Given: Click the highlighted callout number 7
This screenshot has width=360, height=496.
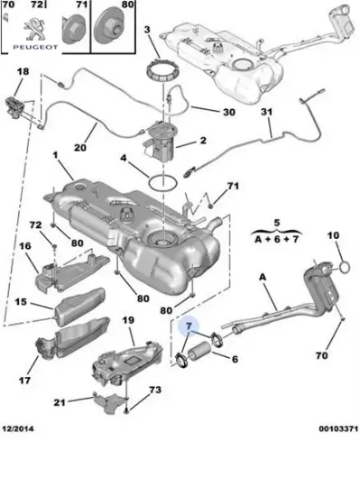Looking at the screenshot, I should pos(189,327).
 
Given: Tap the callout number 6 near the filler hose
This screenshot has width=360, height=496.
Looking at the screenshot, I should pos(235,359).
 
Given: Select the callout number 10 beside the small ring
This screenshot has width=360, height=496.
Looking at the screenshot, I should pos(333,236).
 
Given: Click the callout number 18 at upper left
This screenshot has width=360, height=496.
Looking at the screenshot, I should pos(23,70).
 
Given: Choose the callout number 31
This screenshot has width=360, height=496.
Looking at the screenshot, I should pos(266,112).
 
